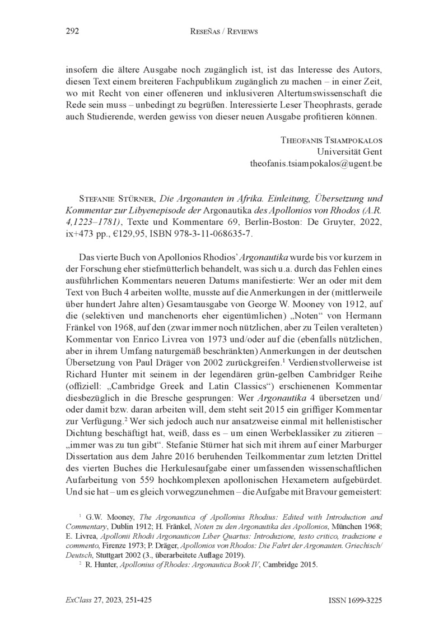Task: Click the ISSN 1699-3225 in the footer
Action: (354, 600)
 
